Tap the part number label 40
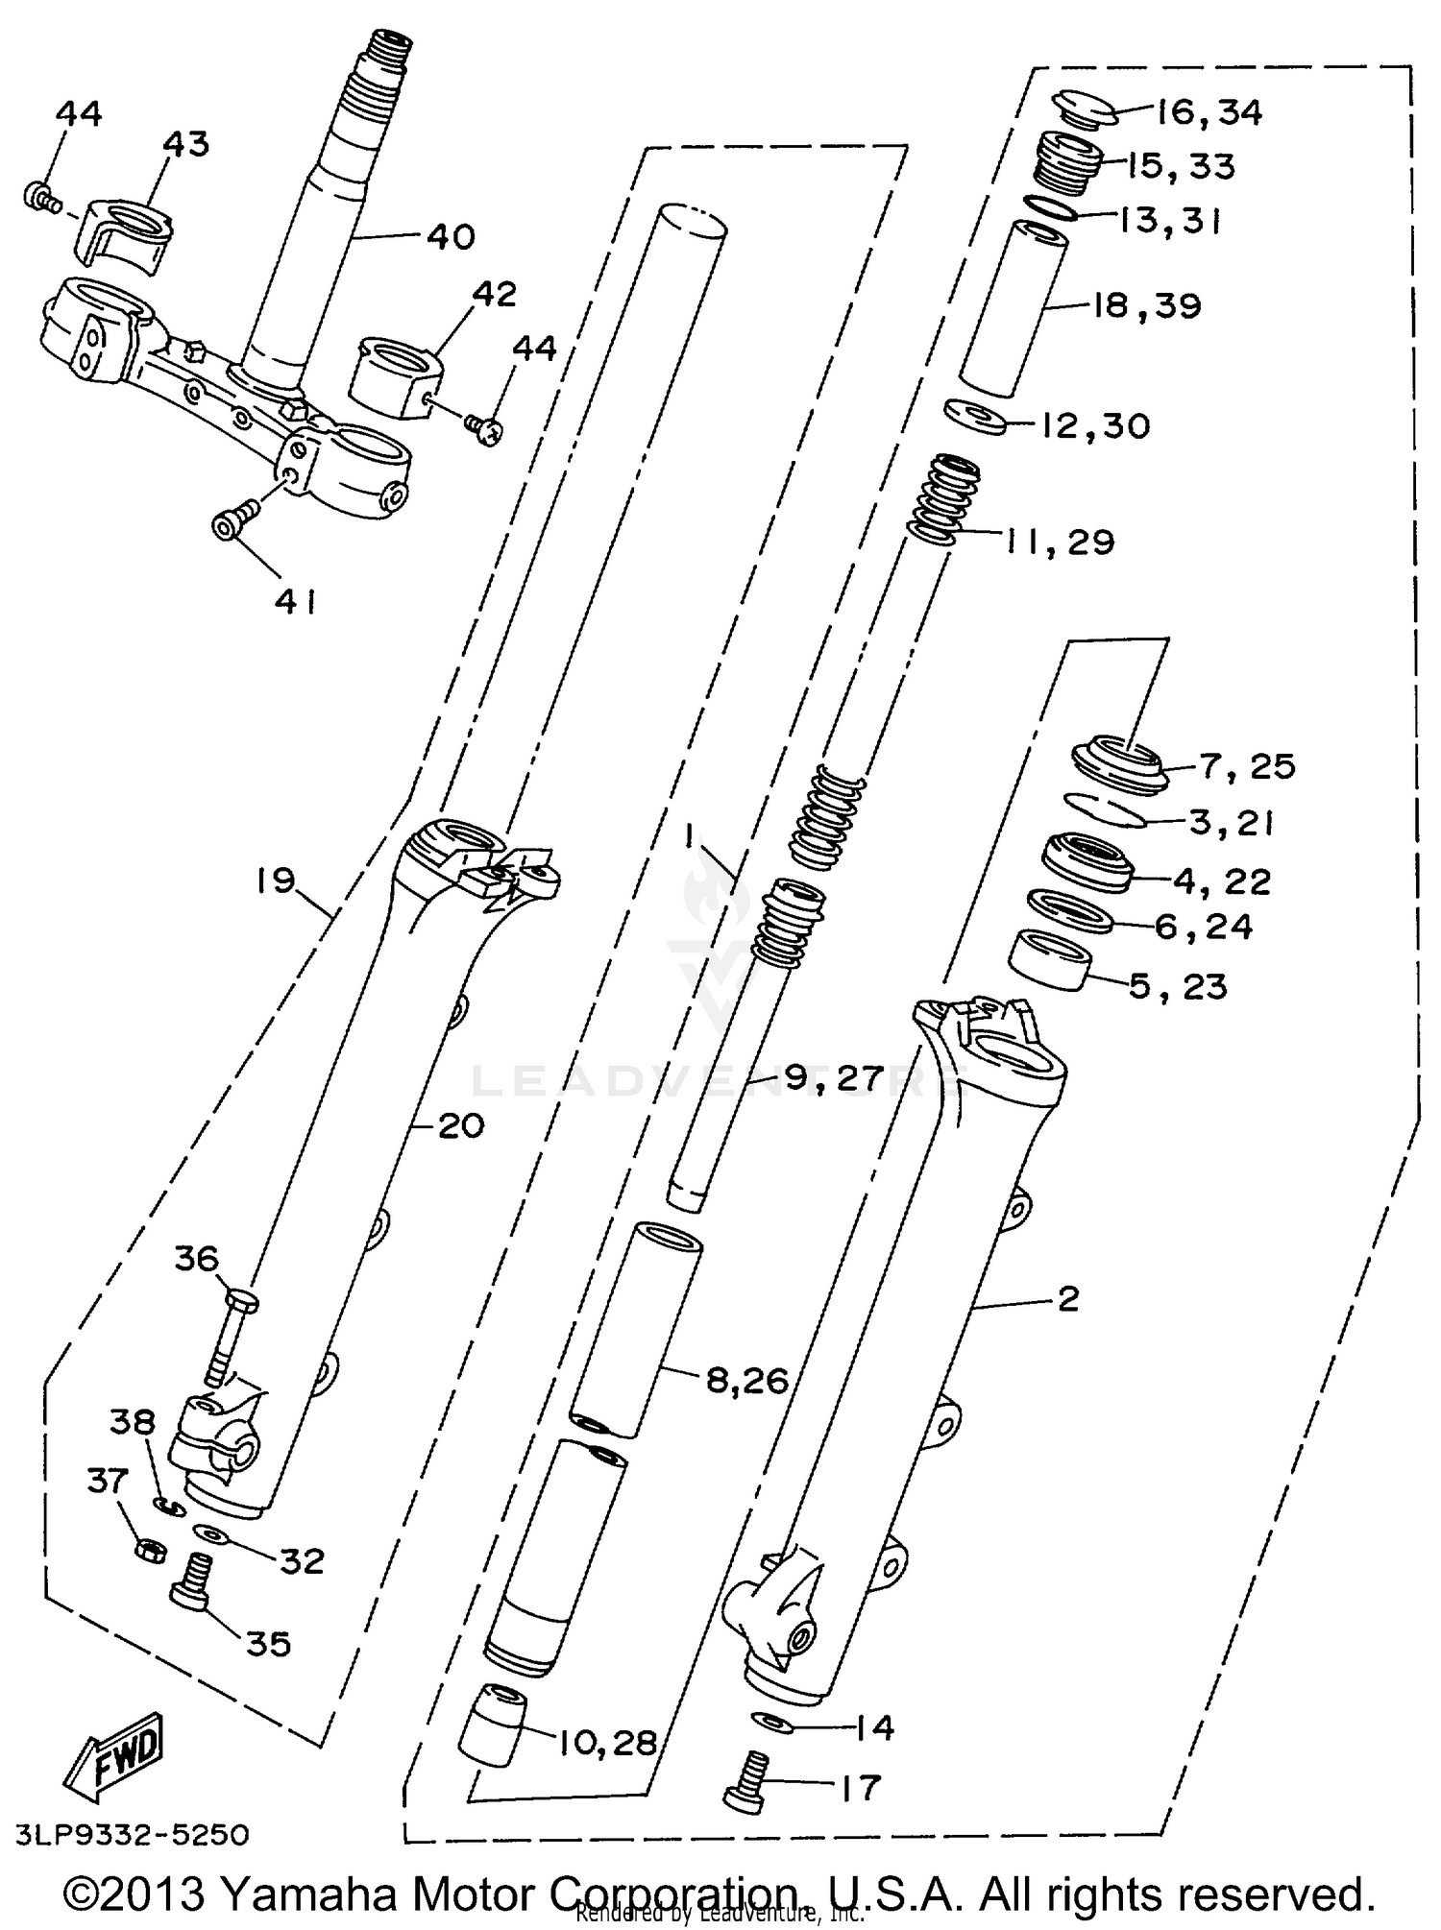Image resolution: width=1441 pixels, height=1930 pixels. (x=451, y=236)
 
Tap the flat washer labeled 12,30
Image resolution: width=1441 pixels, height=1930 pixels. (x=975, y=416)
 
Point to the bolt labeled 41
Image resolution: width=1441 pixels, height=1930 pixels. (x=232, y=522)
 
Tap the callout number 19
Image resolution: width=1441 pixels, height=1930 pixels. (x=276, y=881)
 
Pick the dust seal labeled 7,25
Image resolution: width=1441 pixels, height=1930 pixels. (x=1119, y=761)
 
